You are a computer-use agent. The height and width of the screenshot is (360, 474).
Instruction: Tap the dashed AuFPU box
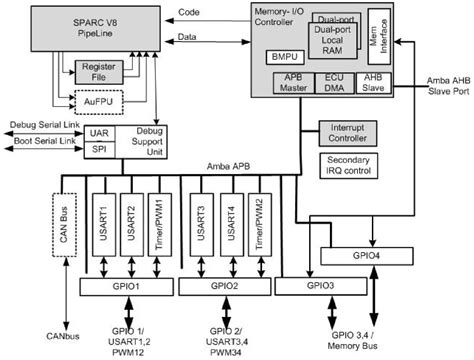95,100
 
